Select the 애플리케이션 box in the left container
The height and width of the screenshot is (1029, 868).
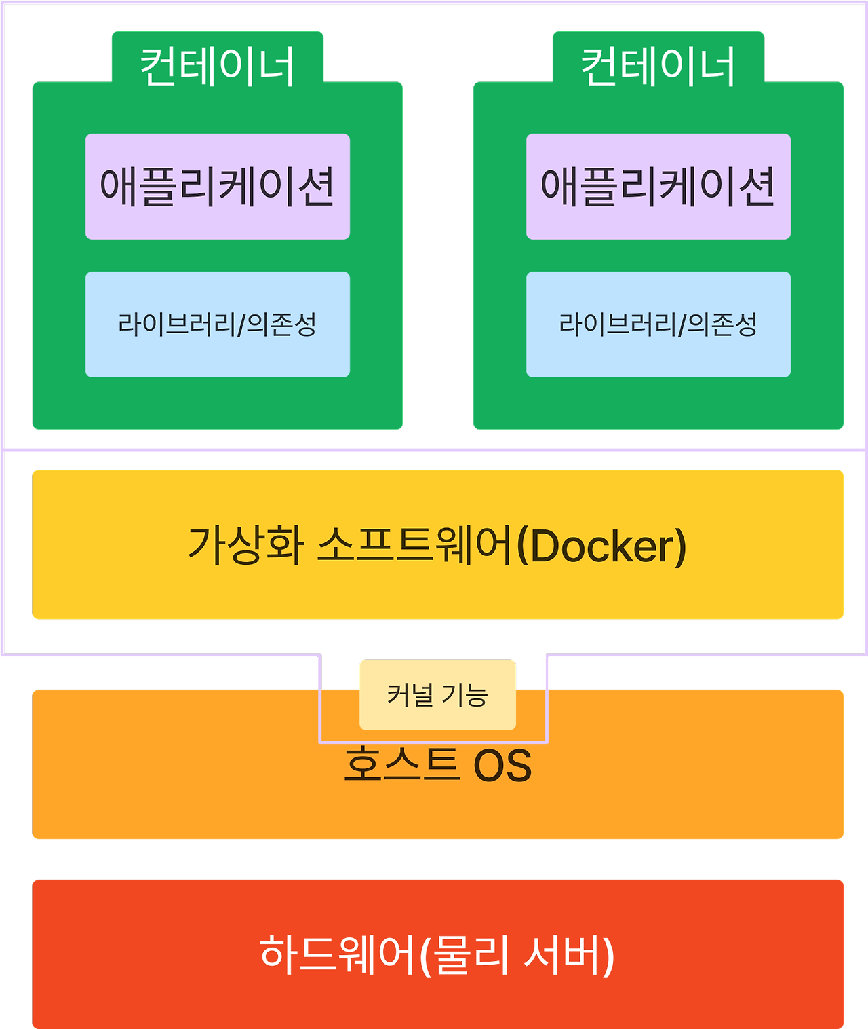tap(218, 186)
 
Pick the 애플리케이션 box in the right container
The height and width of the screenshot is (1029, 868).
tap(658, 186)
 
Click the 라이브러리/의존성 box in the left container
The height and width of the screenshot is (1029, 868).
tap(218, 324)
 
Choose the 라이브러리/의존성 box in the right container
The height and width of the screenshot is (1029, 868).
tap(658, 324)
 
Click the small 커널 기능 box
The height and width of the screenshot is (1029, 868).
tap(437, 695)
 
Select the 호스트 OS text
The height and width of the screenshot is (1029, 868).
tap(437, 765)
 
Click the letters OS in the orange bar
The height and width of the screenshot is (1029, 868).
tap(502, 766)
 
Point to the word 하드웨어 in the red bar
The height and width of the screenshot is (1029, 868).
tap(336, 954)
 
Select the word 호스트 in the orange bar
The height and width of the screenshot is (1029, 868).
tap(401, 765)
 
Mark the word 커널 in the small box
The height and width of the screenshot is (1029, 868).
tap(410, 695)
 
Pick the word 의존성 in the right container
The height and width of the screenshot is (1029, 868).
tap(722, 324)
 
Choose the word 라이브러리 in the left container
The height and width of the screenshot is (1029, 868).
tap(176, 324)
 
